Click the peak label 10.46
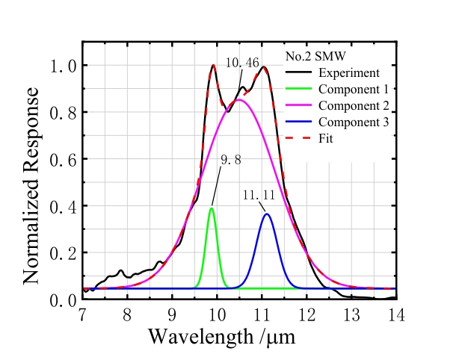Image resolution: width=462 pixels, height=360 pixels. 241,63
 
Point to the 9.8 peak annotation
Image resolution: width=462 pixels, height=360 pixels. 230,160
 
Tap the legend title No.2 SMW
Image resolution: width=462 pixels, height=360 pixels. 315,57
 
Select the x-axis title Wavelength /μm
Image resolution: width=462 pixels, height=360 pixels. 221,335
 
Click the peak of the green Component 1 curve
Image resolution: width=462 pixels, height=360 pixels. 212,208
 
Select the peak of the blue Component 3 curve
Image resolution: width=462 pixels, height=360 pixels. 267,214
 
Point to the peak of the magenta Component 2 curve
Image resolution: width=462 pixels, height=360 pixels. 238,100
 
